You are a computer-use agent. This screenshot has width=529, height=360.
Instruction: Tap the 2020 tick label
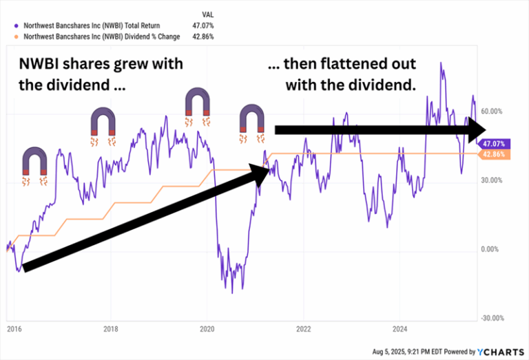(x=208, y=329)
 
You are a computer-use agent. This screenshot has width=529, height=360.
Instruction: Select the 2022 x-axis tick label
(x=304, y=329)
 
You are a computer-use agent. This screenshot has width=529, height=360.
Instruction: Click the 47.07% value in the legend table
(x=203, y=25)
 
